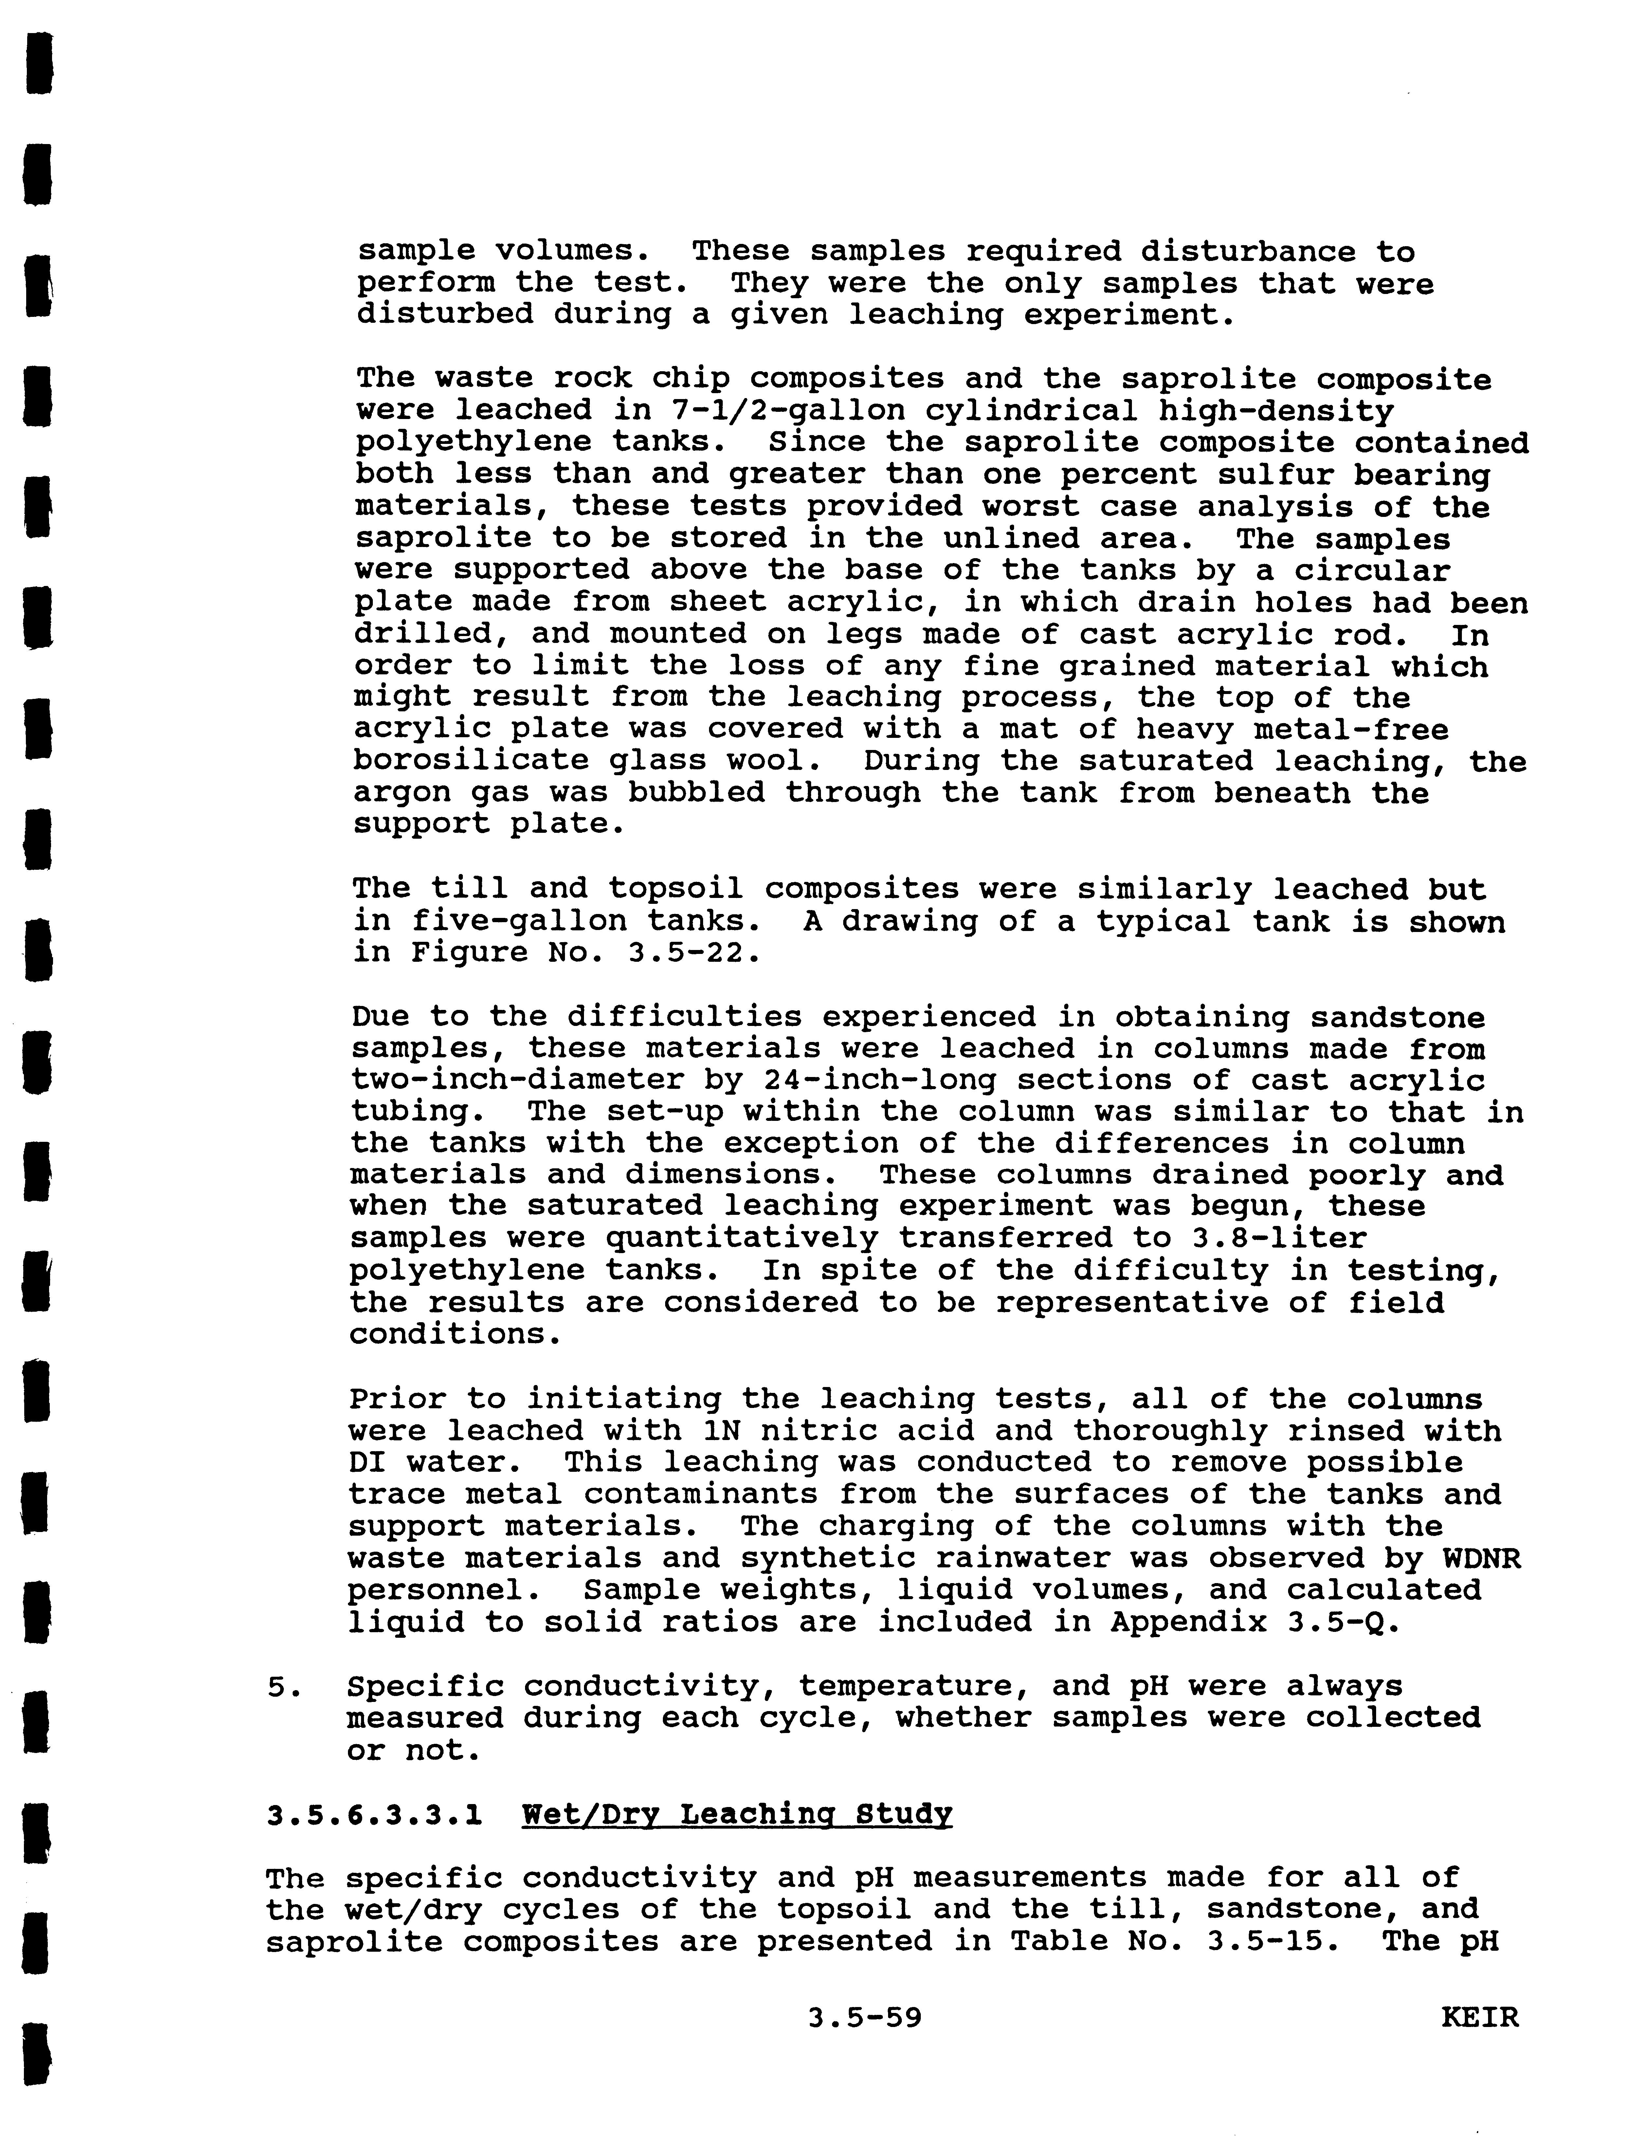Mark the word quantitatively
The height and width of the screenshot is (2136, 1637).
[741, 1237]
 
